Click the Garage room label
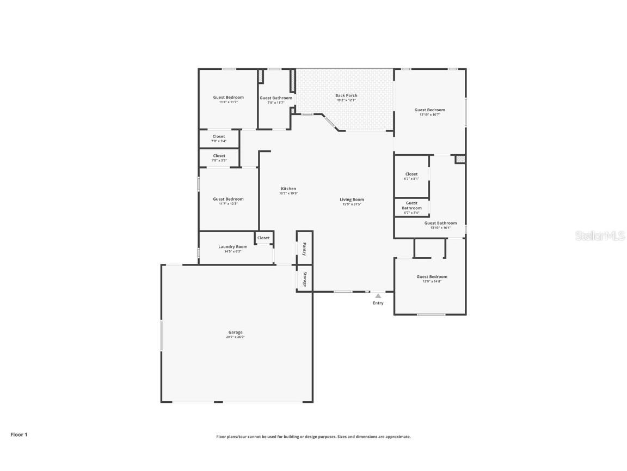[235, 332]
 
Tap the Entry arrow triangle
[378, 296]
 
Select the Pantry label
[304, 248]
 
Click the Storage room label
[305, 279]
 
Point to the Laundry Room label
[232, 247]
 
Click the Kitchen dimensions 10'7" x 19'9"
[288, 193]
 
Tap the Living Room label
[352, 200]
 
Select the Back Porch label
[346, 95]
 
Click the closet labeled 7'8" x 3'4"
[219, 138]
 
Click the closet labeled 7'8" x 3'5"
[219, 158]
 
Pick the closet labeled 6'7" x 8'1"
[411, 176]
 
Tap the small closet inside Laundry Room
[263, 238]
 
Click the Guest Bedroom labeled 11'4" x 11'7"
[228, 99]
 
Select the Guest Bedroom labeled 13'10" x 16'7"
[429, 112]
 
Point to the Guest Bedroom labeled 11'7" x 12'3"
[228, 201]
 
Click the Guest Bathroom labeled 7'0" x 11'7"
[276, 100]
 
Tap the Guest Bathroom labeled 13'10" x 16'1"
[440, 225]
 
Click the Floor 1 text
[19, 434]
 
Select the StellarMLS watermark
[601, 235]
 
